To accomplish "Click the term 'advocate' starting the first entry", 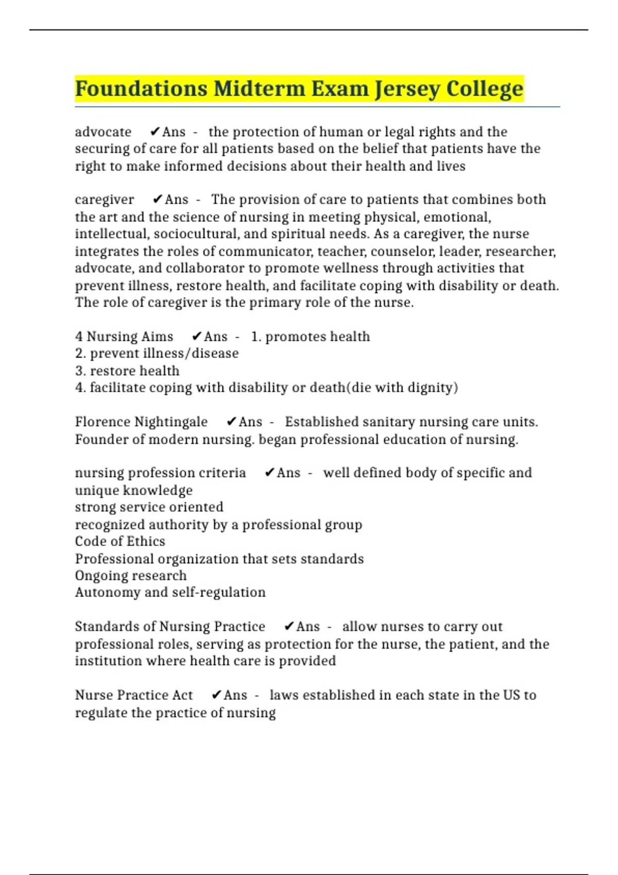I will coord(103,132).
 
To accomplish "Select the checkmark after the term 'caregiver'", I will coord(158,199).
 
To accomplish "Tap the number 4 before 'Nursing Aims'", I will coord(79,337).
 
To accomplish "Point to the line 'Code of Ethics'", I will coord(120,541).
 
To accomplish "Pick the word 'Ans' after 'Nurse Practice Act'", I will coord(235,695).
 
